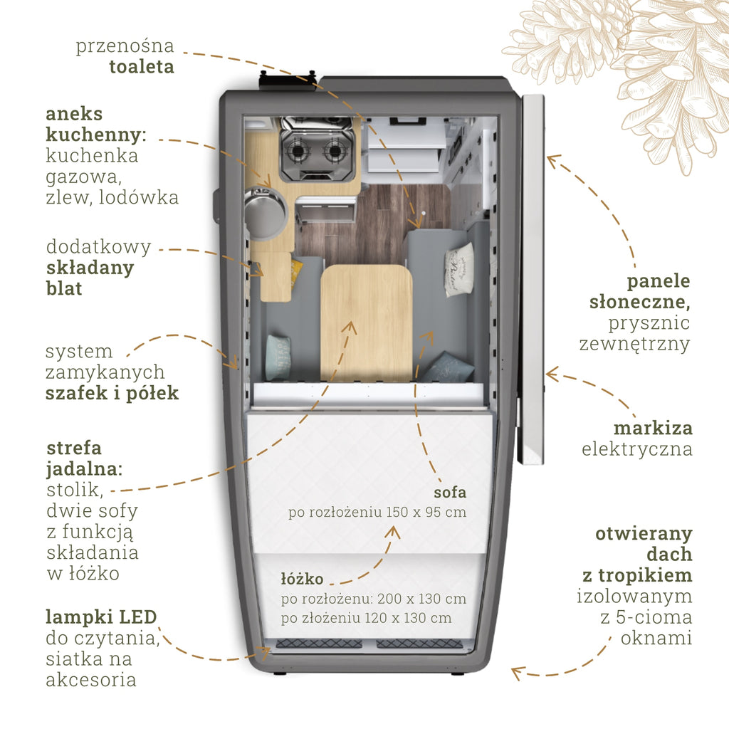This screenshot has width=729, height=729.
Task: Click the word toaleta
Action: (x=141, y=67)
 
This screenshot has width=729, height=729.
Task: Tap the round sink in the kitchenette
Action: (x=265, y=213)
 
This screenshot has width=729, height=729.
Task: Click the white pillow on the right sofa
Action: (x=458, y=268)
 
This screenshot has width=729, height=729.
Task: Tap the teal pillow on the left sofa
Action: (x=278, y=357)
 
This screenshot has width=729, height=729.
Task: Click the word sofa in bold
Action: (x=450, y=492)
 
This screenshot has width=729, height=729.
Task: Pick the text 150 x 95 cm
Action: (x=426, y=512)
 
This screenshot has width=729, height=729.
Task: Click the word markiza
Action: (x=653, y=429)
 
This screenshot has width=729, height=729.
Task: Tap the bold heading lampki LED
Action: (x=100, y=617)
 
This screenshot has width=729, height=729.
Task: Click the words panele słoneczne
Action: (x=640, y=290)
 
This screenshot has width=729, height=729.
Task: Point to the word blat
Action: (x=63, y=288)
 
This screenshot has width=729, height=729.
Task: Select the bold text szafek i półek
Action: (x=112, y=393)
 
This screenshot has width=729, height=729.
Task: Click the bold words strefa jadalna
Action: (x=84, y=459)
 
